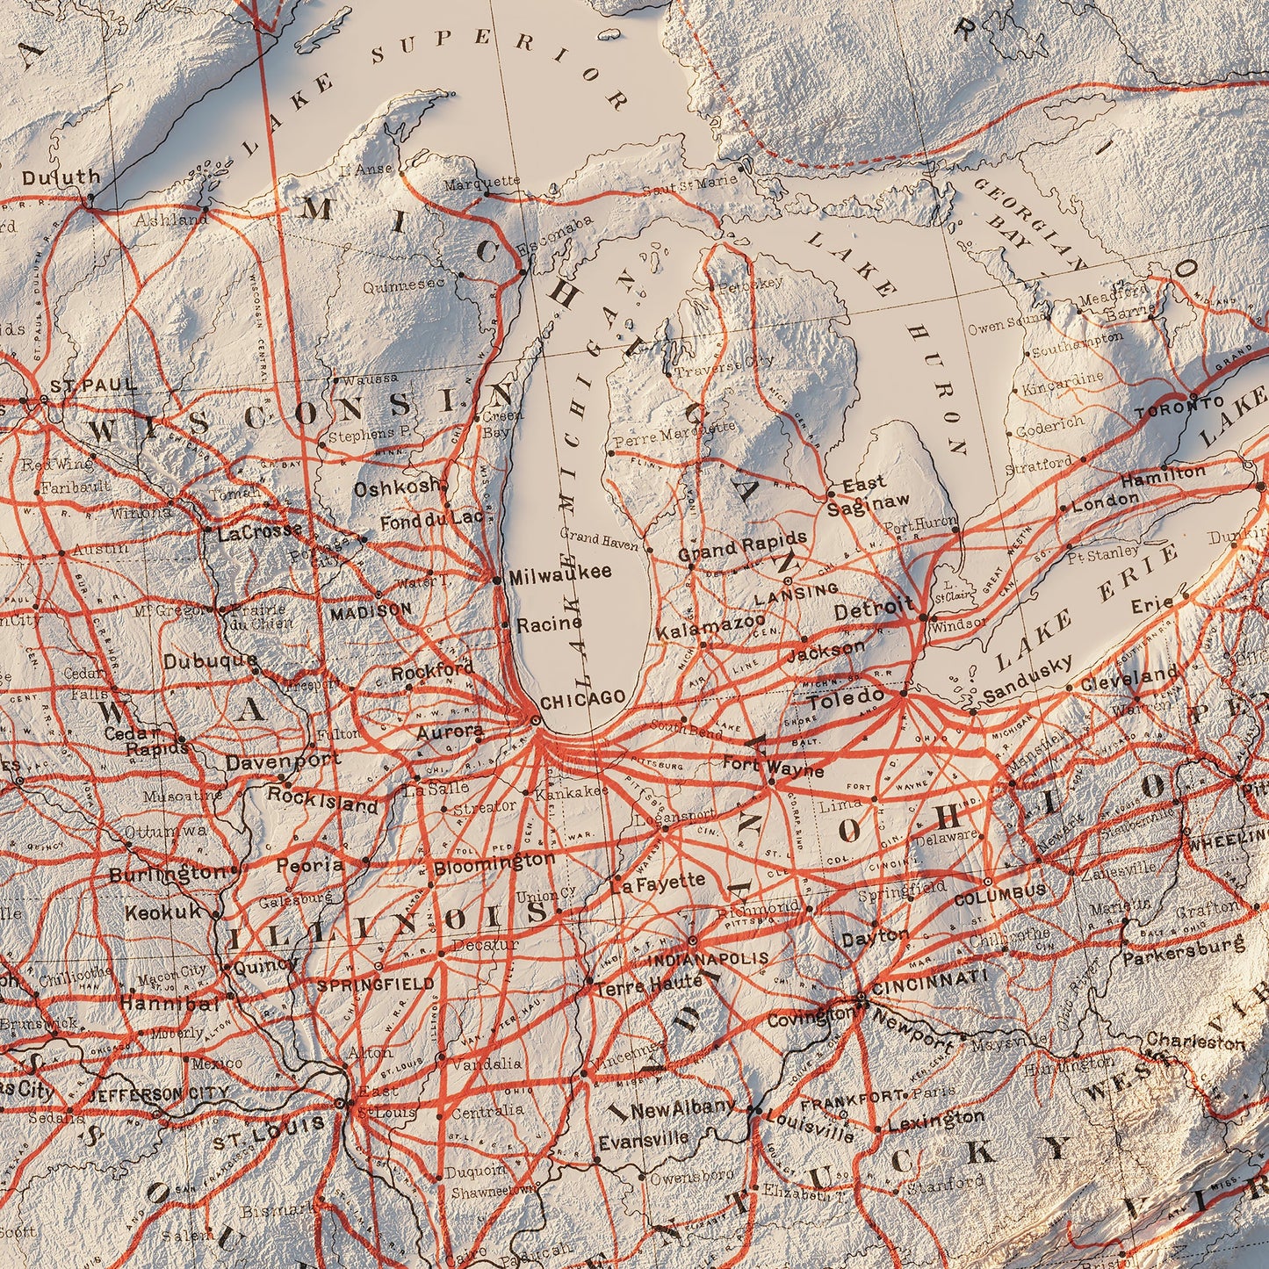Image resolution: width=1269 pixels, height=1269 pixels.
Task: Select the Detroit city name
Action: click(x=875, y=609)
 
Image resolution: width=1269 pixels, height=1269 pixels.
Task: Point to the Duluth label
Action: click(x=61, y=178)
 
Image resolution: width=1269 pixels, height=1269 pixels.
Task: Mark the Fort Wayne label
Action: click(x=773, y=768)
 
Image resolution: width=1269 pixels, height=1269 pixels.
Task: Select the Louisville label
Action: click(x=810, y=1127)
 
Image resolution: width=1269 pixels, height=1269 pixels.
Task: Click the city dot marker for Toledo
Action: click(x=903, y=694)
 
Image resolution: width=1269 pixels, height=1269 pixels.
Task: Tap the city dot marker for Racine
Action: click(x=505, y=624)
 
